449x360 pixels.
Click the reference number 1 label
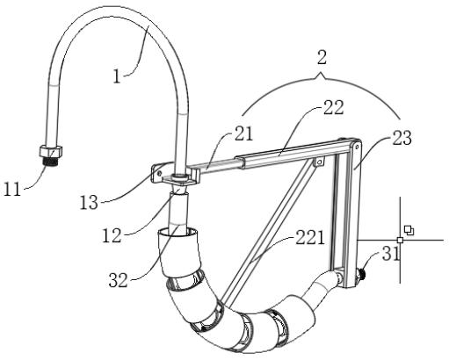[x=117, y=76]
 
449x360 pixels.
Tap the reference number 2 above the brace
[x=322, y=57]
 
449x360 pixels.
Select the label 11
[x=12, y=189]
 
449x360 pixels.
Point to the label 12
[x=112, y=235]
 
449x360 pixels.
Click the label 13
[x=89, y=202]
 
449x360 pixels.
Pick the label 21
[x=243, y=134]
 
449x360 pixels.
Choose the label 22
[x=333, y=107]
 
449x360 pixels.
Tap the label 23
[x=402, y=138]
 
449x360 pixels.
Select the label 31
[x=391, y=254]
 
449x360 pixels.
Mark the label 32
[x=119, y=280]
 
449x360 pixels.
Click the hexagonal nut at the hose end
[x=50, y=151]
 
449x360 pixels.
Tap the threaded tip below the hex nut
[x=50, y=162]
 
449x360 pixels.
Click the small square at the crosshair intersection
[x=400, y=240]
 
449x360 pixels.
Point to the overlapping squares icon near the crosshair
[x=409, y=230]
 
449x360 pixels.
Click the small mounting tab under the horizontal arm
[x=319, y=162]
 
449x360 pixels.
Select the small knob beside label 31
[x=360, y=275]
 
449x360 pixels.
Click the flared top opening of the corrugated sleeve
[x=178, y=233]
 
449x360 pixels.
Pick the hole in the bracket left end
[x=159, y=173]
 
